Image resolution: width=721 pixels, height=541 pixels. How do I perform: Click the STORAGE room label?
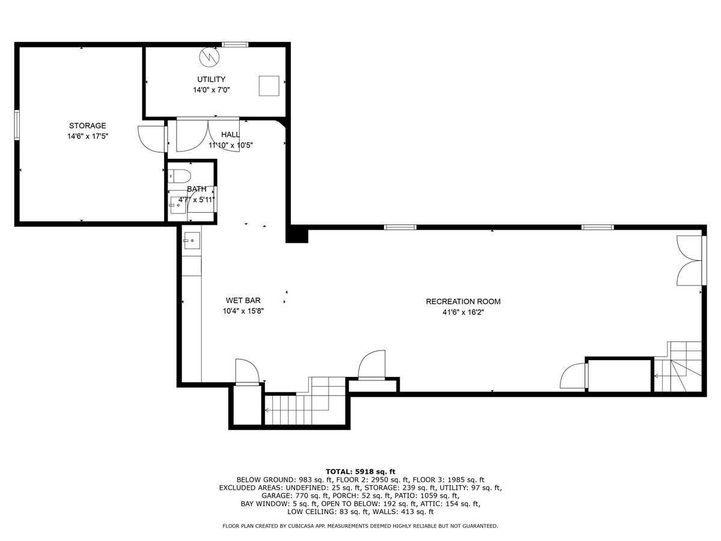click(87, 126)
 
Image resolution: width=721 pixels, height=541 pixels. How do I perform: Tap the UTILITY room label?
click(211, 79)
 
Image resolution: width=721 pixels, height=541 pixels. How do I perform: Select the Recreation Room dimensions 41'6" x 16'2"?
click(463, 312)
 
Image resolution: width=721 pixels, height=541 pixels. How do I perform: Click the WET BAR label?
click(243, 301)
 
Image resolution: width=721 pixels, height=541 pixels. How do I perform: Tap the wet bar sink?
click(191, 241)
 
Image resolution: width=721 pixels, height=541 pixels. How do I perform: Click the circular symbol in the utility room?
click(210, 57)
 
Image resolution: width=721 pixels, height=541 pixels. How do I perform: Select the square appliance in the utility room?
click(269, 86)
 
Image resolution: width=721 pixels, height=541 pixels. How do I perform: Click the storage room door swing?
click(150, 138)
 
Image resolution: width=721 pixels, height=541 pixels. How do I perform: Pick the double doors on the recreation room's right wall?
click(690, 260)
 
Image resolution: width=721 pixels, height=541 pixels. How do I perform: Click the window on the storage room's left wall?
click(17, 124)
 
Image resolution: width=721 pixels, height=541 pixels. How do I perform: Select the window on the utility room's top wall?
click(235, 44)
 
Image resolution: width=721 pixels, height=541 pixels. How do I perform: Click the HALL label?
click(230, 135)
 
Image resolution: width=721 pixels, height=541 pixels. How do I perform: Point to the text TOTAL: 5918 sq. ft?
click(360, 471)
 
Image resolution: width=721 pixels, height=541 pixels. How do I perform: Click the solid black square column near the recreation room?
click(297, 234)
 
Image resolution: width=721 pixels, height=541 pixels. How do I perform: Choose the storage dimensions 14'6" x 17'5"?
click(87, 136)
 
